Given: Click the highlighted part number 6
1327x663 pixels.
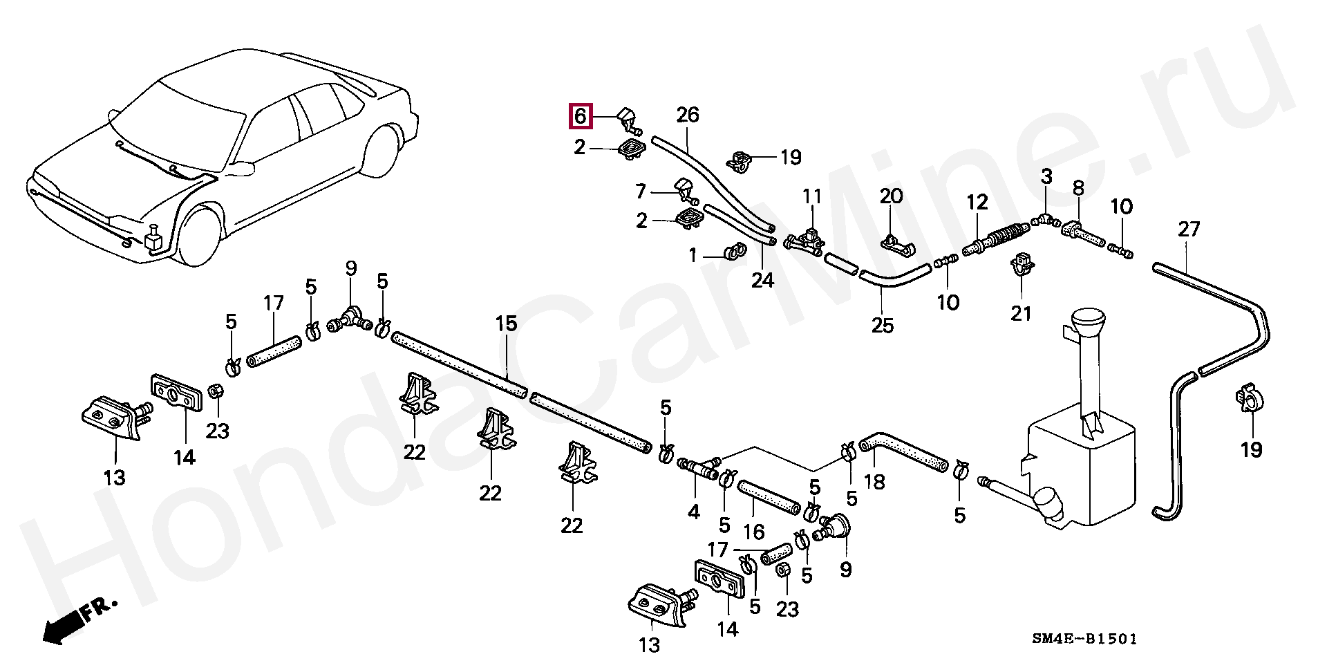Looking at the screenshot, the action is click(581, 116).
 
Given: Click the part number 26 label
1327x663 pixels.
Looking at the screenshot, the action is click(688, 115).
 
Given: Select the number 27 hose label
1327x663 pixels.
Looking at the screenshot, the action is click(1189, 229).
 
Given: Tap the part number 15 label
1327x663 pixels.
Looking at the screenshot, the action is click(506, 324).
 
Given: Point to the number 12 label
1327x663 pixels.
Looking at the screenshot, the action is click(977, 203).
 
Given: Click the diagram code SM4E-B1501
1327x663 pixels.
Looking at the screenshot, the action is click(1084, 639).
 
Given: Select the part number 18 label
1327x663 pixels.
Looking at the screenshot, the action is click(874, 482).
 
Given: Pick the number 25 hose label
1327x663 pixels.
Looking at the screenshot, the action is click(882, 325).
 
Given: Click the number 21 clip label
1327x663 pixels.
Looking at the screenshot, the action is click(1021, 313).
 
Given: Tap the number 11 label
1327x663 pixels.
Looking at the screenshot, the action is click(812, 197).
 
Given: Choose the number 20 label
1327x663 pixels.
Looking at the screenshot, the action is click(891, 196).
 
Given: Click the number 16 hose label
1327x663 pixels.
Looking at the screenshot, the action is click(753, 532).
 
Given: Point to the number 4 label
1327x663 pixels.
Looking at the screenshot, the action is click(693, 512).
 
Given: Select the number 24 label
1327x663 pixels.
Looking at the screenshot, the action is click(762, 280).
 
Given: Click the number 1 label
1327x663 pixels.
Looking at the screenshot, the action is click(693, 256).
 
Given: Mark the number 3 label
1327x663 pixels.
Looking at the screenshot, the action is click(1046, 176).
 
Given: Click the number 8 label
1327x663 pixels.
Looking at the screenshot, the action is click(1078, 188).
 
